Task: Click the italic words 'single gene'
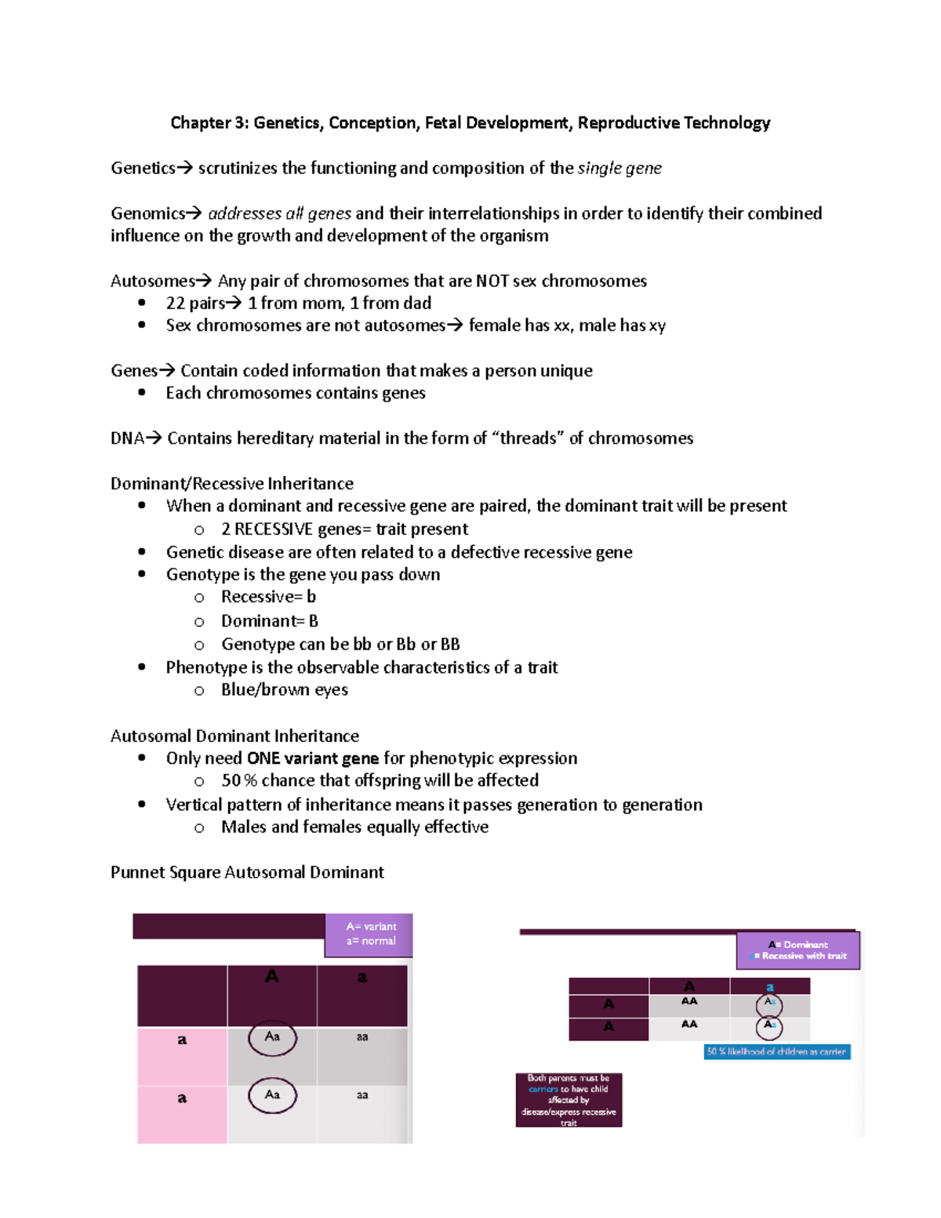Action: [x=619, y=169]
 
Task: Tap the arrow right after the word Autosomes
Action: [x=203, y=281]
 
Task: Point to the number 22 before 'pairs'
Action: [x=176, y=304]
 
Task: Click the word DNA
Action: [x=127, y=438]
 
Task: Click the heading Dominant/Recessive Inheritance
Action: [x=232, y=484]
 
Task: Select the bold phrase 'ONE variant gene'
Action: [x=313, y=758]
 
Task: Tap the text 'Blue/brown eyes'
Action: [x=285, y=690]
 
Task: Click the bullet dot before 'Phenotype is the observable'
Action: [x=142, y=667]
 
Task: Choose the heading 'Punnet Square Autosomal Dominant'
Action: [x=247, y=873]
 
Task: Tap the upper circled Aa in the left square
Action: [x=272, y=1038]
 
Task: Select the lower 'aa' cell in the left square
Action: [x=362, y=1095]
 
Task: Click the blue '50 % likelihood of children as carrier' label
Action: [x=776, y=1052]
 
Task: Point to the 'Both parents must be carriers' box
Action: [x=569, y=1100]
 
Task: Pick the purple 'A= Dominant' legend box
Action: [x=797, y=951]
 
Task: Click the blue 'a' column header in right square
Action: [x=769, y=987]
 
